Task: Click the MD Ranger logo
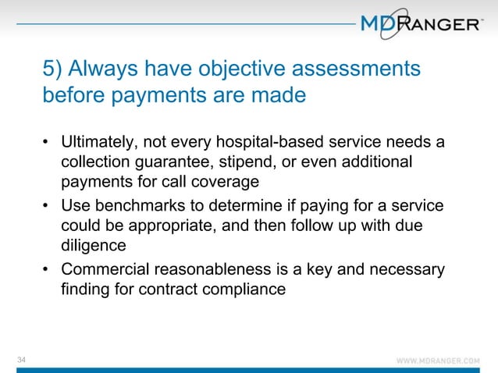pyautogui.click(x=422, y=24)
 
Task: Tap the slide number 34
pyautogui.click(x=22, y=358)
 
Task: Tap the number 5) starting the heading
pyautogui.click(x=52, y=69)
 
